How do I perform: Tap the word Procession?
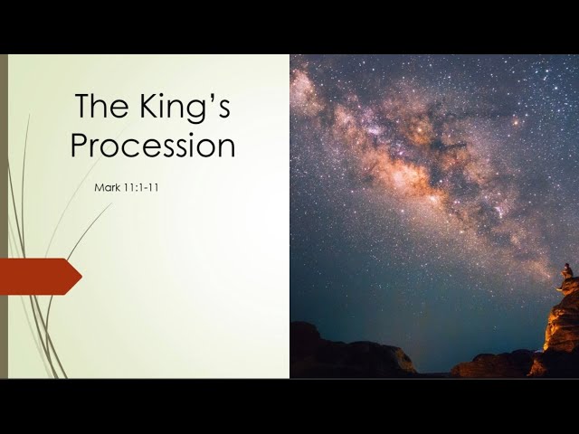[153, 145]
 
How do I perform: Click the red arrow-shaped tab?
[40, 277]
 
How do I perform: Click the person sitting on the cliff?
[567, 271]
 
